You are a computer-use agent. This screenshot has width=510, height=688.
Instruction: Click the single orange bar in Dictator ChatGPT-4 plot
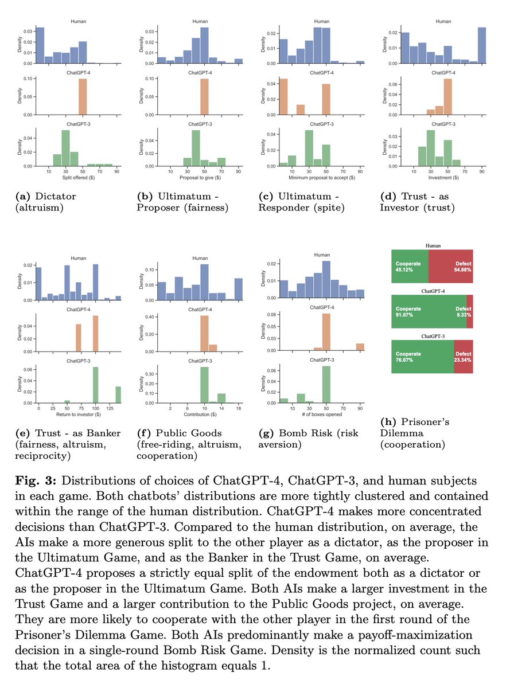click(83, 97)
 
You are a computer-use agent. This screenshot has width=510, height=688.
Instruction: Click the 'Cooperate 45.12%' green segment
click(410, 266)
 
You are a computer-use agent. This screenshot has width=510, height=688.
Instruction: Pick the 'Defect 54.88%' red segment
click(451, 266)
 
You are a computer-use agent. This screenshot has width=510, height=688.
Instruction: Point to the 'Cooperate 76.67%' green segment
click(422, 357)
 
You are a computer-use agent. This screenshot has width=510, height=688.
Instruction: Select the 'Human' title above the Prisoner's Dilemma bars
click(433, 246)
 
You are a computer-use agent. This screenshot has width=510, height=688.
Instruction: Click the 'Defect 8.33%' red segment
click(470, 311)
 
